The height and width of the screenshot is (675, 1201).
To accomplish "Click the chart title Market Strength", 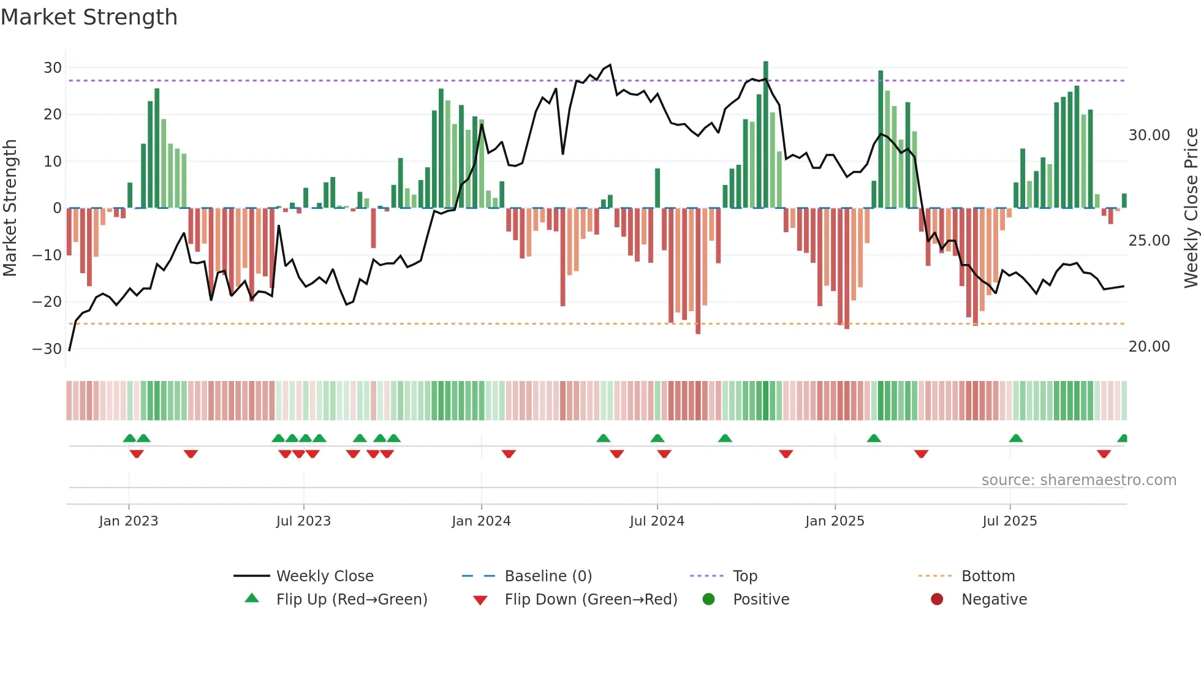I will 89,17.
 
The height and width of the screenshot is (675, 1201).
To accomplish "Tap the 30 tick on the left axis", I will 53,68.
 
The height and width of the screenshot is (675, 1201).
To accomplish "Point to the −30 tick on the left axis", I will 48,349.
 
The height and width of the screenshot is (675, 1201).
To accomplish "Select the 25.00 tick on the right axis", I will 1149,241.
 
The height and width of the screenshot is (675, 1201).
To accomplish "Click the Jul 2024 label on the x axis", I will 657,521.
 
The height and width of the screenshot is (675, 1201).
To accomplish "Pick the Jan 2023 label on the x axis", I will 129,521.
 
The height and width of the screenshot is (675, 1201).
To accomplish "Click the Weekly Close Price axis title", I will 1191,208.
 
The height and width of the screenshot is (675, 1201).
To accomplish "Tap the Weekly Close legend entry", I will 324,576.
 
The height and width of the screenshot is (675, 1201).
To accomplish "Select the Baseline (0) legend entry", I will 548,576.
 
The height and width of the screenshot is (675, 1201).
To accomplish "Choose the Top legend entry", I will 744,576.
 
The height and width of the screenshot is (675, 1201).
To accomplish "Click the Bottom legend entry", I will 988,576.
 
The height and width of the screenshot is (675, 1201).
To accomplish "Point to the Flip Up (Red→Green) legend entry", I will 351,600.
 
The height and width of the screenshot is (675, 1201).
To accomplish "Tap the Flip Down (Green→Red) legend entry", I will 591,600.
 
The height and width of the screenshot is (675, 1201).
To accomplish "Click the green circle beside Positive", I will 709,600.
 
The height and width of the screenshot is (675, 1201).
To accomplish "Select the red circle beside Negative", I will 937,600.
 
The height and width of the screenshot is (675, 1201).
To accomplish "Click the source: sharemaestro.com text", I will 1078,480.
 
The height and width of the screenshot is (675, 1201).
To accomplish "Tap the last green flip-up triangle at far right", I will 1123,439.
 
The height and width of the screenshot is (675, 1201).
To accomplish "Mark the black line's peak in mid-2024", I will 610,65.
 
